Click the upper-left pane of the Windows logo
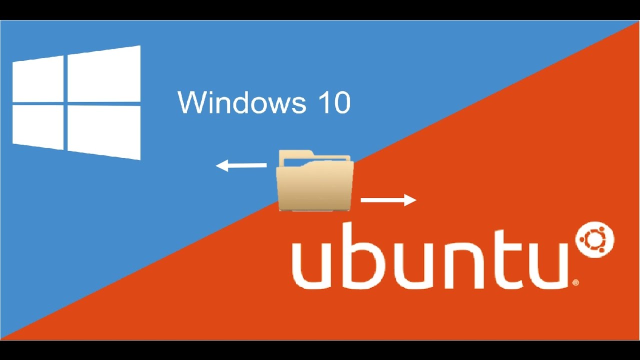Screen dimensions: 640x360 [x=38, y=79]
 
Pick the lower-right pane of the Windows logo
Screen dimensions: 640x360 [x=103, y=131]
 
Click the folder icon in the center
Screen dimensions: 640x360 [x=315, y=180]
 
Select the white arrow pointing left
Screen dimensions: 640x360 [x=240, y=165]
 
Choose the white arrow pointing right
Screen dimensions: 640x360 [x=388, y=200]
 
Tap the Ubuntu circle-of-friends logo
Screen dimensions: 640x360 [x=595, y=241]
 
